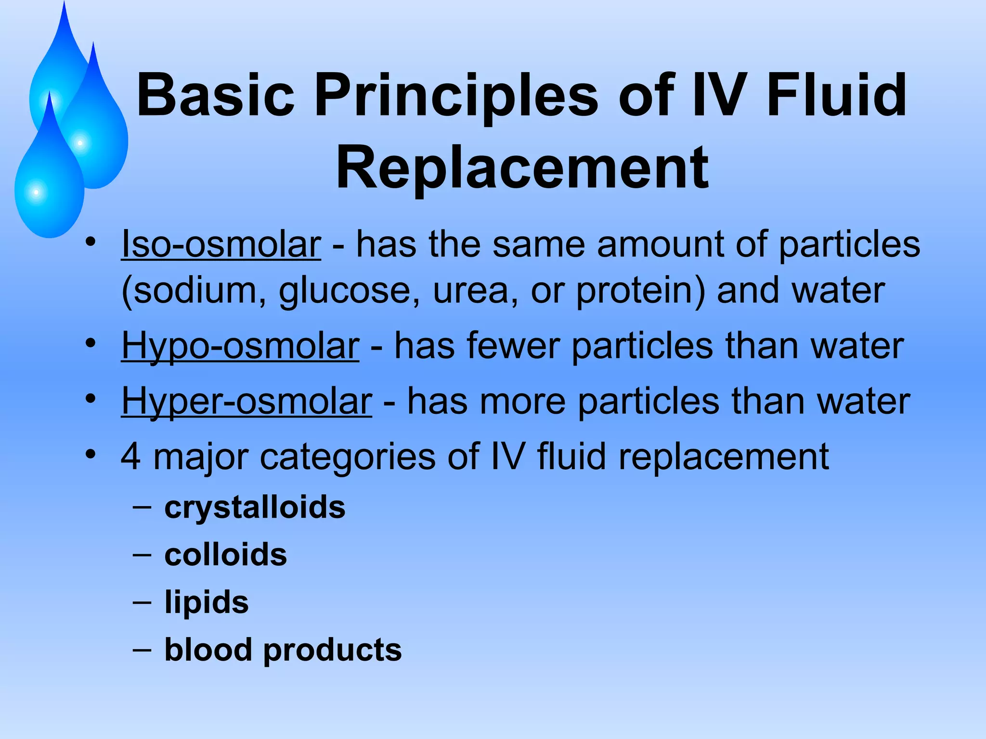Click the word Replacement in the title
tap(522, 168)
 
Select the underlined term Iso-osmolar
tap(221, 244)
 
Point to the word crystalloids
tap(255, 507)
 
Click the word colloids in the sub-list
tap(225, 554)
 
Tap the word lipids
tap(207, 602)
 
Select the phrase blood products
tap(283, 650)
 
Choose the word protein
tap(640, 291)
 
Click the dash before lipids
tap(142, 602)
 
